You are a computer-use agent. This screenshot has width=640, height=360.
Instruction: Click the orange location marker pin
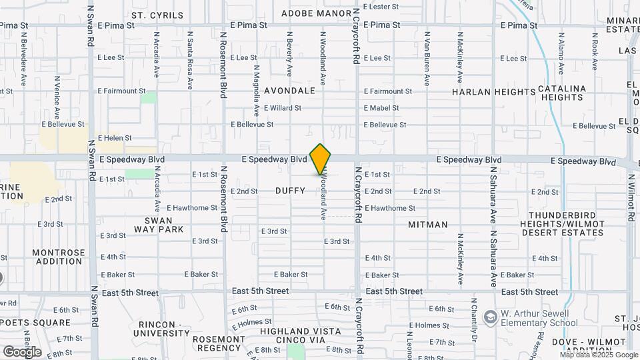(x=321, y=159)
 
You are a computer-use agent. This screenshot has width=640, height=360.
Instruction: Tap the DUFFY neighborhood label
(x=290, y=191)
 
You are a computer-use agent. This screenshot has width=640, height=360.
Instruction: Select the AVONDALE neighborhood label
(x=289, y=90)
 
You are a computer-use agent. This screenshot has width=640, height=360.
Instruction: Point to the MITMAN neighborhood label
(x=427, y=225)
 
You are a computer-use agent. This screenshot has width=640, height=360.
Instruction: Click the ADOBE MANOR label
(x=316, y=13)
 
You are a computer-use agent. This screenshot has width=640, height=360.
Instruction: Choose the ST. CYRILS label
(x=157, y=15)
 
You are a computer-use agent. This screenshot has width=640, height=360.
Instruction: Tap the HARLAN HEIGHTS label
(x=485, y=92)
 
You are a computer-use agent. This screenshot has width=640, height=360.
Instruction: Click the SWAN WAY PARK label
(x=158, y=225)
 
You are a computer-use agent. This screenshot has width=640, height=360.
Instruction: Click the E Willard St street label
(x=283, y=107)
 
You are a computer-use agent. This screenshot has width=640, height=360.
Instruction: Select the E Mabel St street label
(x=381, y=107)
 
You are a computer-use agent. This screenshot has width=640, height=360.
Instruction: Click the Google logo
(x=22, y=351)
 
